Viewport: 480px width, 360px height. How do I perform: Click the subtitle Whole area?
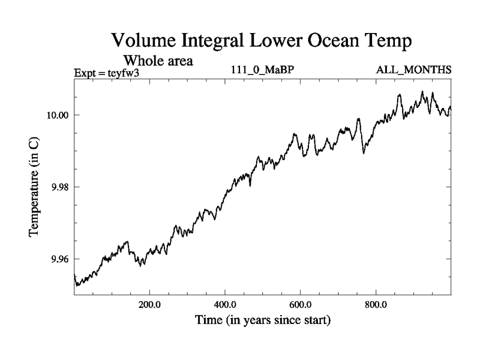[x=158, y=61]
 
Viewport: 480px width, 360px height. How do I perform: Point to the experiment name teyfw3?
[x=122, y=73]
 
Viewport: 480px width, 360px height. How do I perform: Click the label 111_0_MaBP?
[x=262, y=70]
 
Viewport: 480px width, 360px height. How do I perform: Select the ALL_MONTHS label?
[x=413, y=70]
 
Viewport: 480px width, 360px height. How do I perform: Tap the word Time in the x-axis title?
[x=209, y=320]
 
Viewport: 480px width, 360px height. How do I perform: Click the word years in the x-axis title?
[x=266, y=320]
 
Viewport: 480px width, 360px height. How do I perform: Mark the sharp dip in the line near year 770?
[x=364, y=152]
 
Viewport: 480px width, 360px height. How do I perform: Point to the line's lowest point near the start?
[x=77, y=286]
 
